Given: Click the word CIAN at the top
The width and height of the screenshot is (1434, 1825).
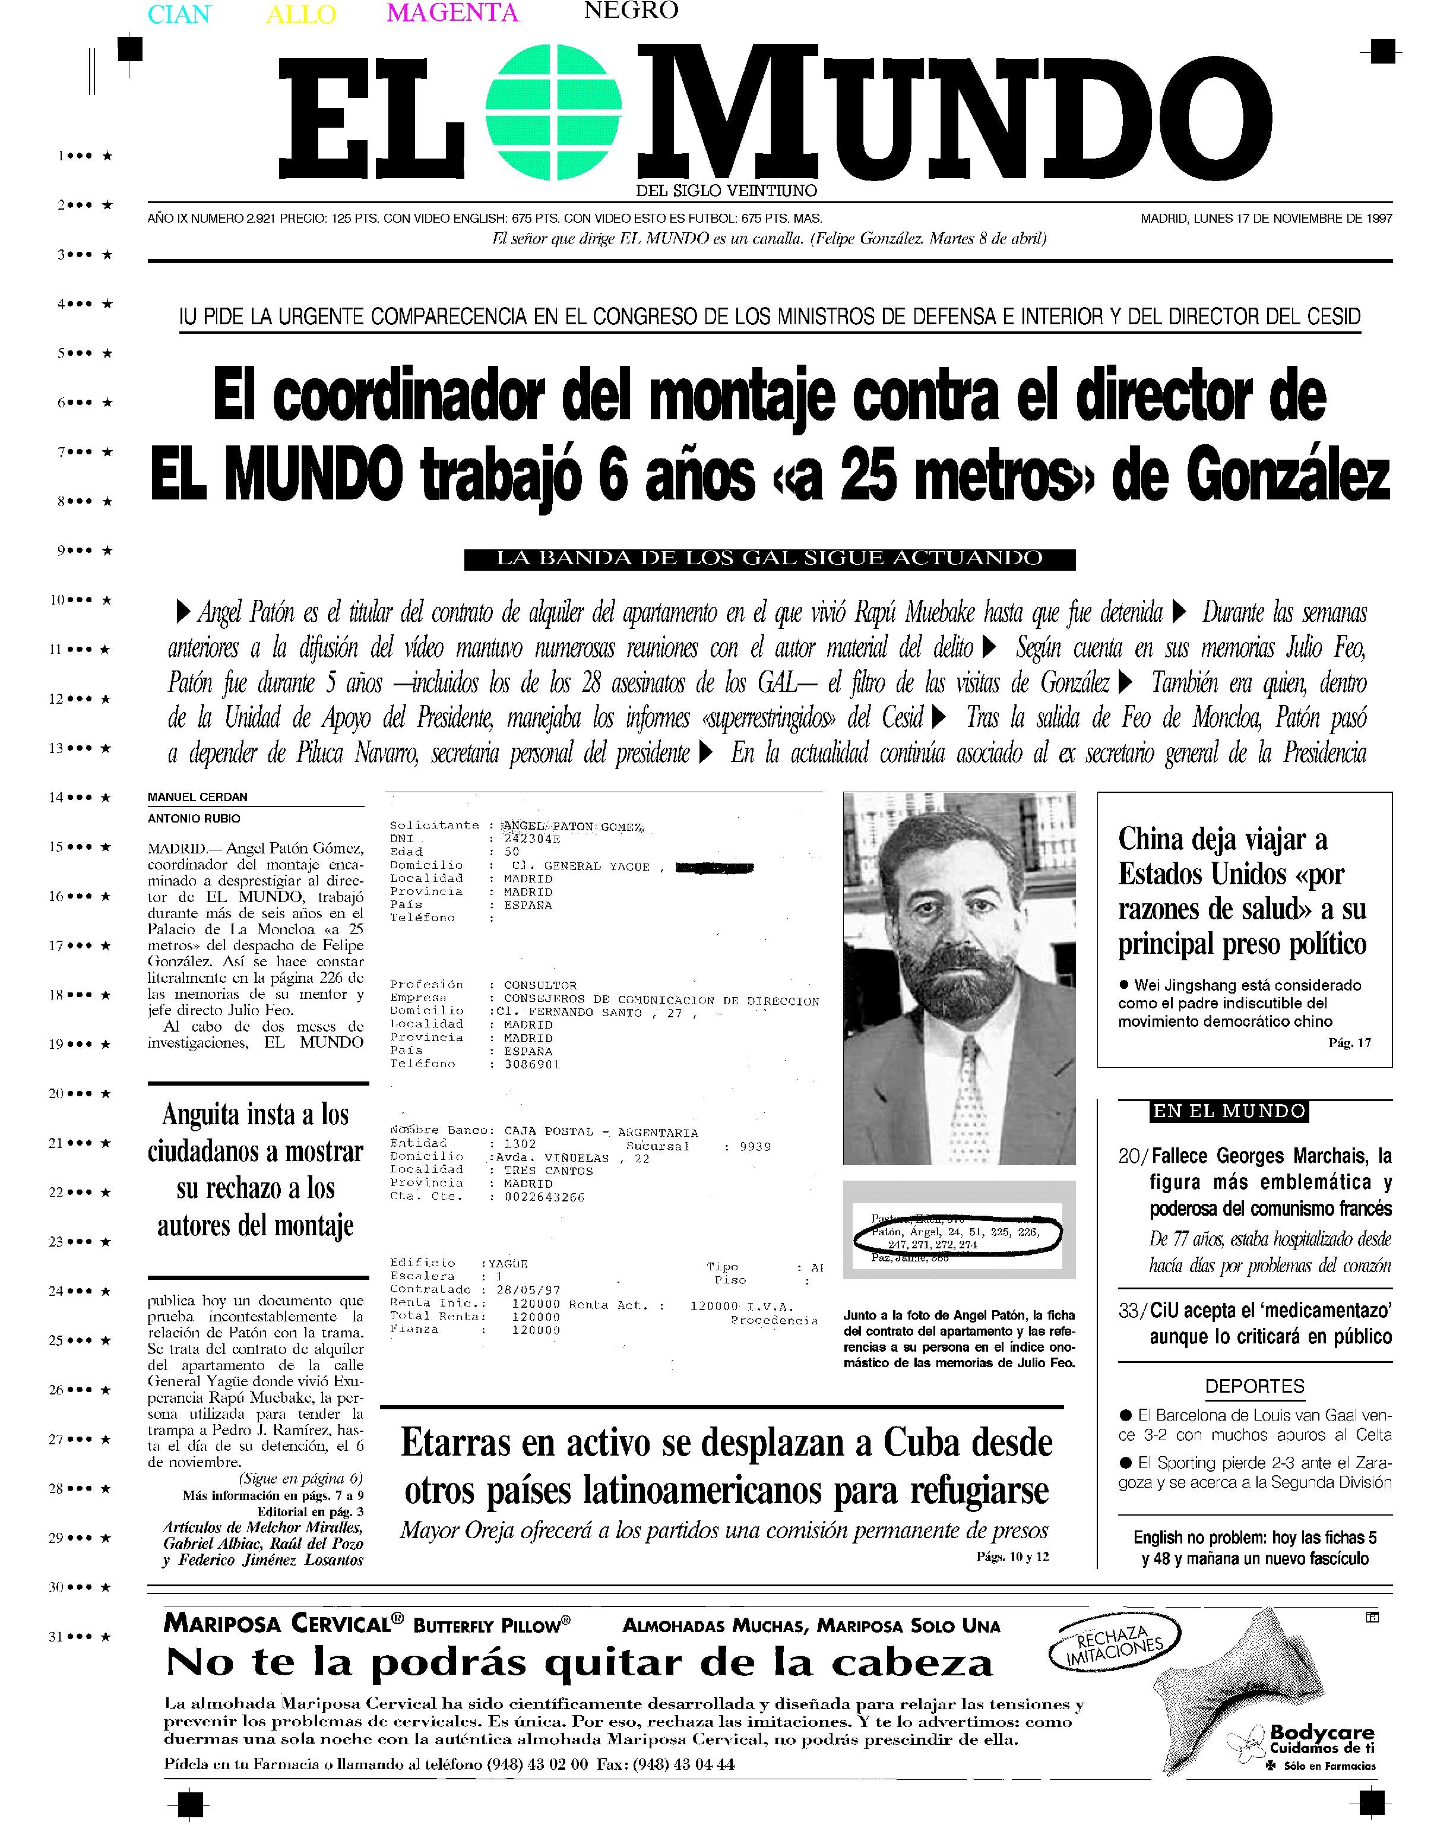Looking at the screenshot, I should click(179, 14).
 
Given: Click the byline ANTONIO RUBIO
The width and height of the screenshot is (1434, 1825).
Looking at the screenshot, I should click(194, 818).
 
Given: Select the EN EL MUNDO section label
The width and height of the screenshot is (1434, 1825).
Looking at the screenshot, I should click(1229, 1112).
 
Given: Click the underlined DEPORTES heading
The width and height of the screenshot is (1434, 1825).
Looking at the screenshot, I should click(1254, 1386).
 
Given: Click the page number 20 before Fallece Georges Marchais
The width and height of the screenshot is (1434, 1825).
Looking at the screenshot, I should click(1128, 1157).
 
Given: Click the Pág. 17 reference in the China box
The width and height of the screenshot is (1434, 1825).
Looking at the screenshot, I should click(1349, 1043).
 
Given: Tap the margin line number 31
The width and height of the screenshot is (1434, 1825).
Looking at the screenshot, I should click(55, 1637).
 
